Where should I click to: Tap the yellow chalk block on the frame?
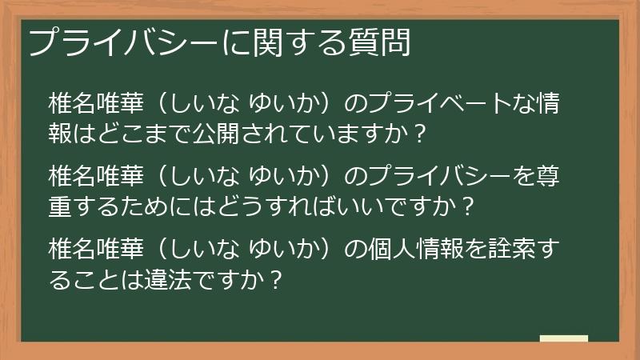tap(563, 338)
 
